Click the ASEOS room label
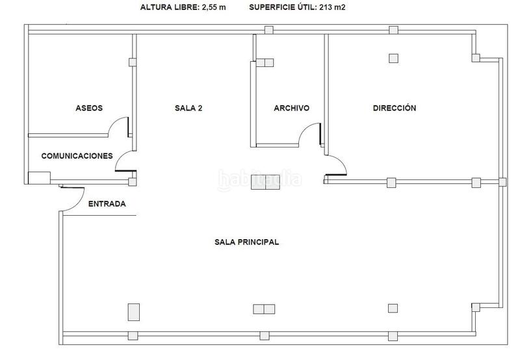(x=89, y=109)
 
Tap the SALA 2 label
(x=189, y=109)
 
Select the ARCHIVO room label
(x=291, y=109)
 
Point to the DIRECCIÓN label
(x=394, y=109)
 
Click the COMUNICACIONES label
(x=77, y=156)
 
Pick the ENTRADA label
(x=107, y=204)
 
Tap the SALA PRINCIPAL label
(x=246, y=242)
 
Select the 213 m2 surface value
(x=333, y=8)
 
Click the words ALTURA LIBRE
(x=166, y=8)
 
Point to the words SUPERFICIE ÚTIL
(x=281, y=8)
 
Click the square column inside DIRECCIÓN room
(x=393, y=58)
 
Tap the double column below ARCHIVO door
(x=265, y=183)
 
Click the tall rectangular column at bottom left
(x=133, y=312)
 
